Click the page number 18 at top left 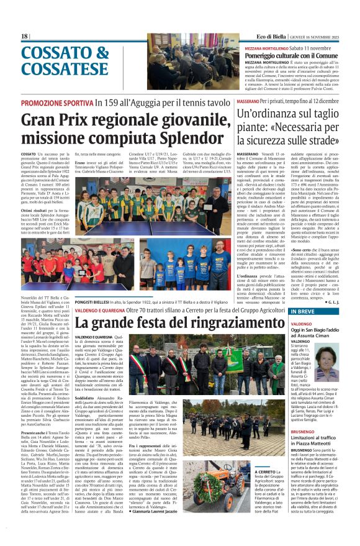pos(25,36)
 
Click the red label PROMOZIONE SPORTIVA pos(57,102)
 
